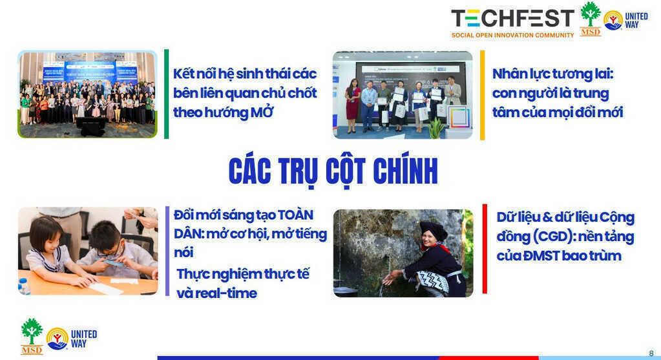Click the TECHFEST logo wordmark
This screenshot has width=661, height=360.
point(512,18)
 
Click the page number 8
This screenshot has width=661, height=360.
point(651,353)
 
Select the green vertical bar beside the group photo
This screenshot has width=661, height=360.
point(166,94)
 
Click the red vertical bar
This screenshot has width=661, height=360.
point(484,248)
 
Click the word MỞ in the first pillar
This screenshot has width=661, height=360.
point(260,112)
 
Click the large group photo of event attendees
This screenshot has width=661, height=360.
point(87,94)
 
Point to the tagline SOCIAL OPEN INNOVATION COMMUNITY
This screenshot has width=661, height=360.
point(512,35)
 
